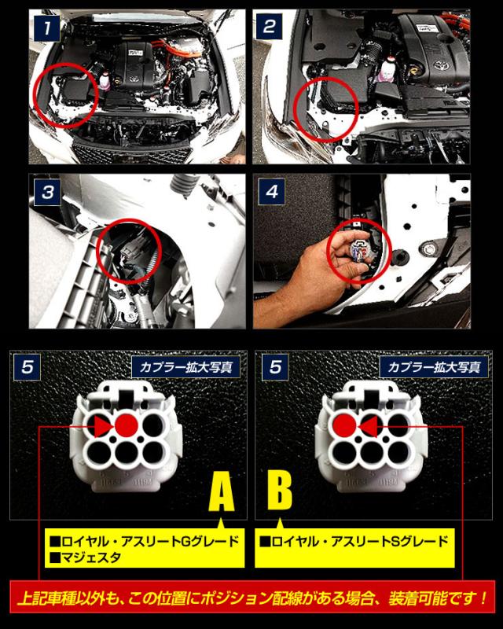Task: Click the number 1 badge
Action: point(47,28)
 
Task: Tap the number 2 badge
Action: point(269,27)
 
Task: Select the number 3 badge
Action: point(48,192)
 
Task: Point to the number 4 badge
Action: point(272,192)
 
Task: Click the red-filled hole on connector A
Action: point(127,425)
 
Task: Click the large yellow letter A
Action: point(222,491)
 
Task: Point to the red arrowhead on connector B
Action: point(369,426)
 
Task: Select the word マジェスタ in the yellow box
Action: point(86,557)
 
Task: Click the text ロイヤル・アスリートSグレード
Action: point(354,542)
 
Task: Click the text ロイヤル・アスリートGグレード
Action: point(145,542)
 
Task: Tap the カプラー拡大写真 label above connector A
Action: point(185,366)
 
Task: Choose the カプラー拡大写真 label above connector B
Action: point(434,366)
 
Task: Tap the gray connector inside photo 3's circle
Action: point(130,253)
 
